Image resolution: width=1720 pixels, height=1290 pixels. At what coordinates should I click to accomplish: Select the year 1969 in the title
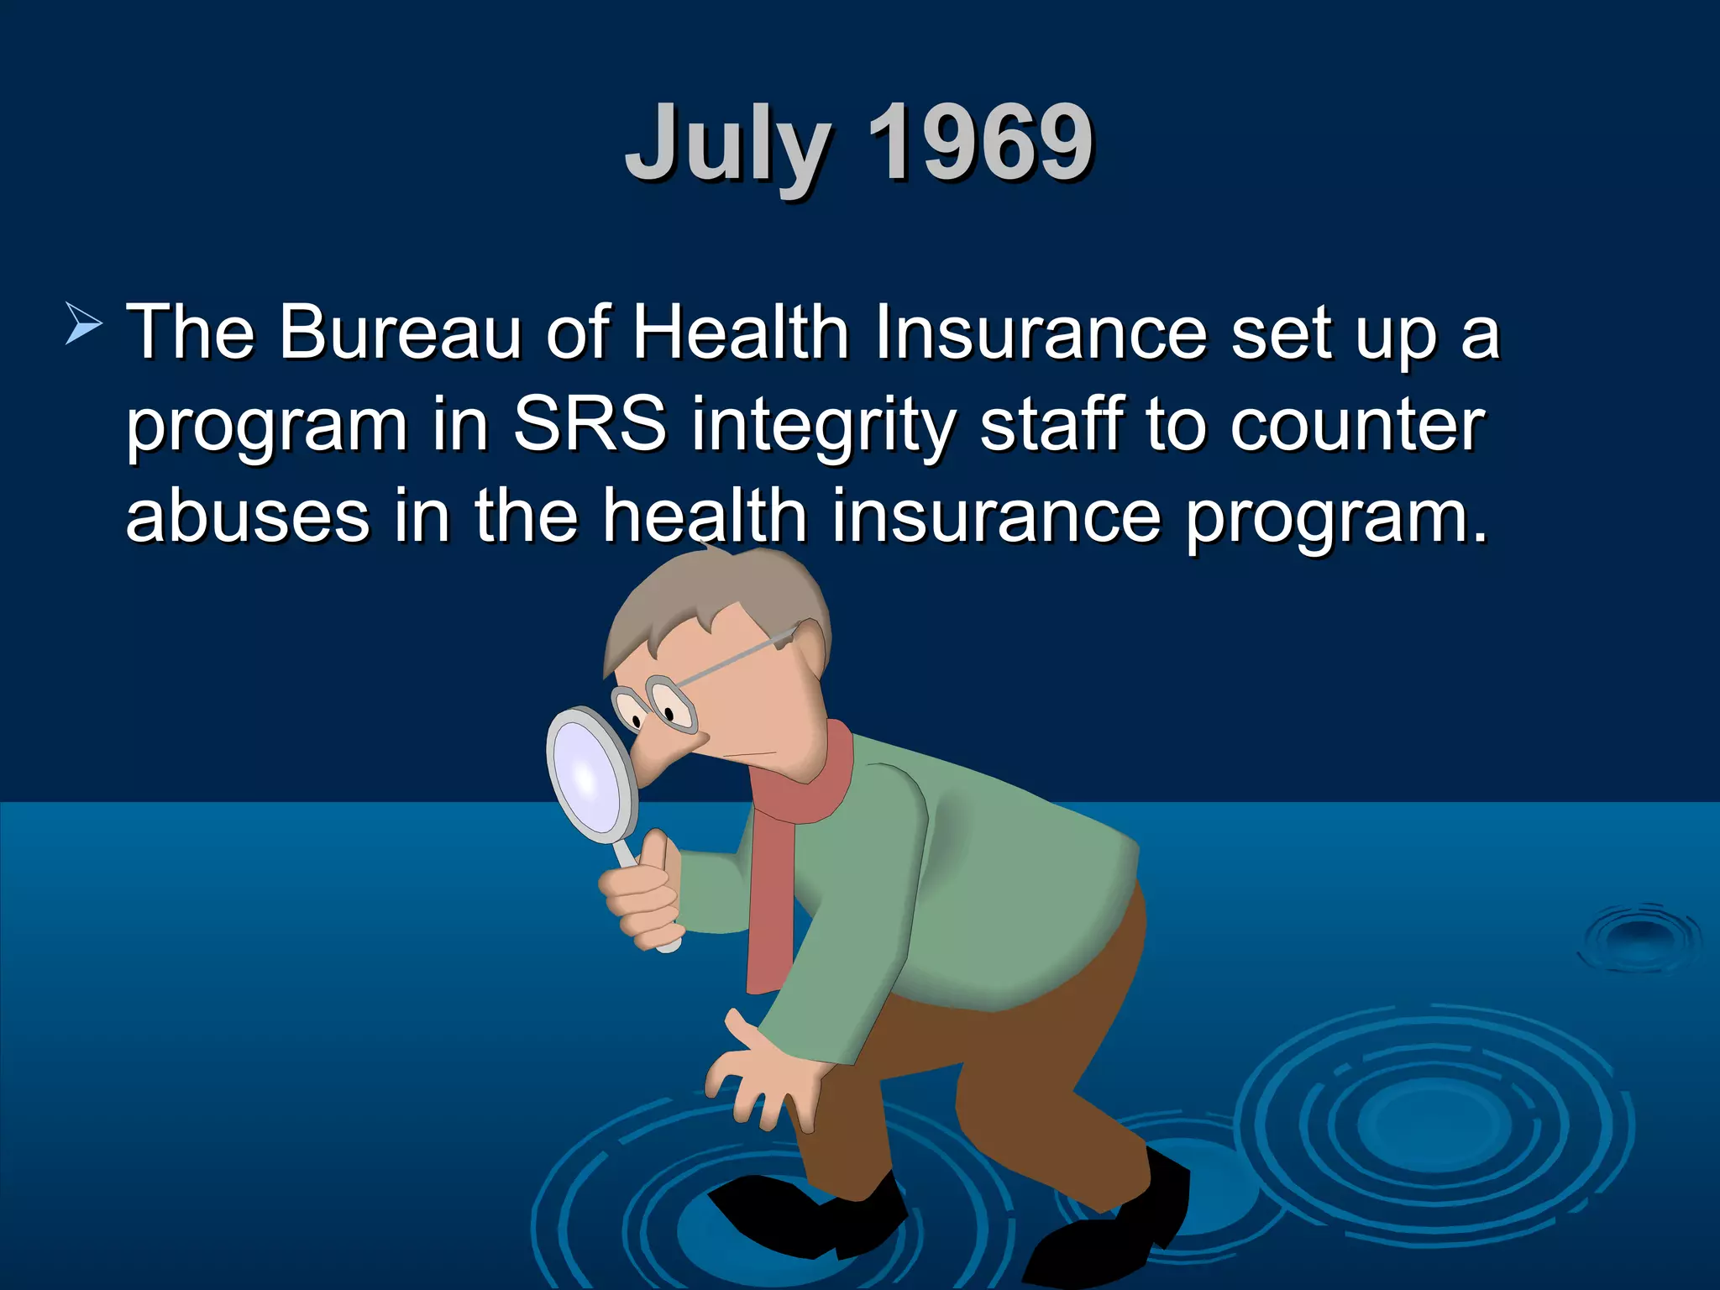(x=979, y=143)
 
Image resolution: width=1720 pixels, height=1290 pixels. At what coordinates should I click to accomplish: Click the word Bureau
(x=400, y=333)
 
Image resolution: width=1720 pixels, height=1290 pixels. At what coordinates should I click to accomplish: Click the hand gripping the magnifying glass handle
(x=642, y=894)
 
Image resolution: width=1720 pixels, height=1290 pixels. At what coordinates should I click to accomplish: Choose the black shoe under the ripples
(x=810, y=1209)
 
